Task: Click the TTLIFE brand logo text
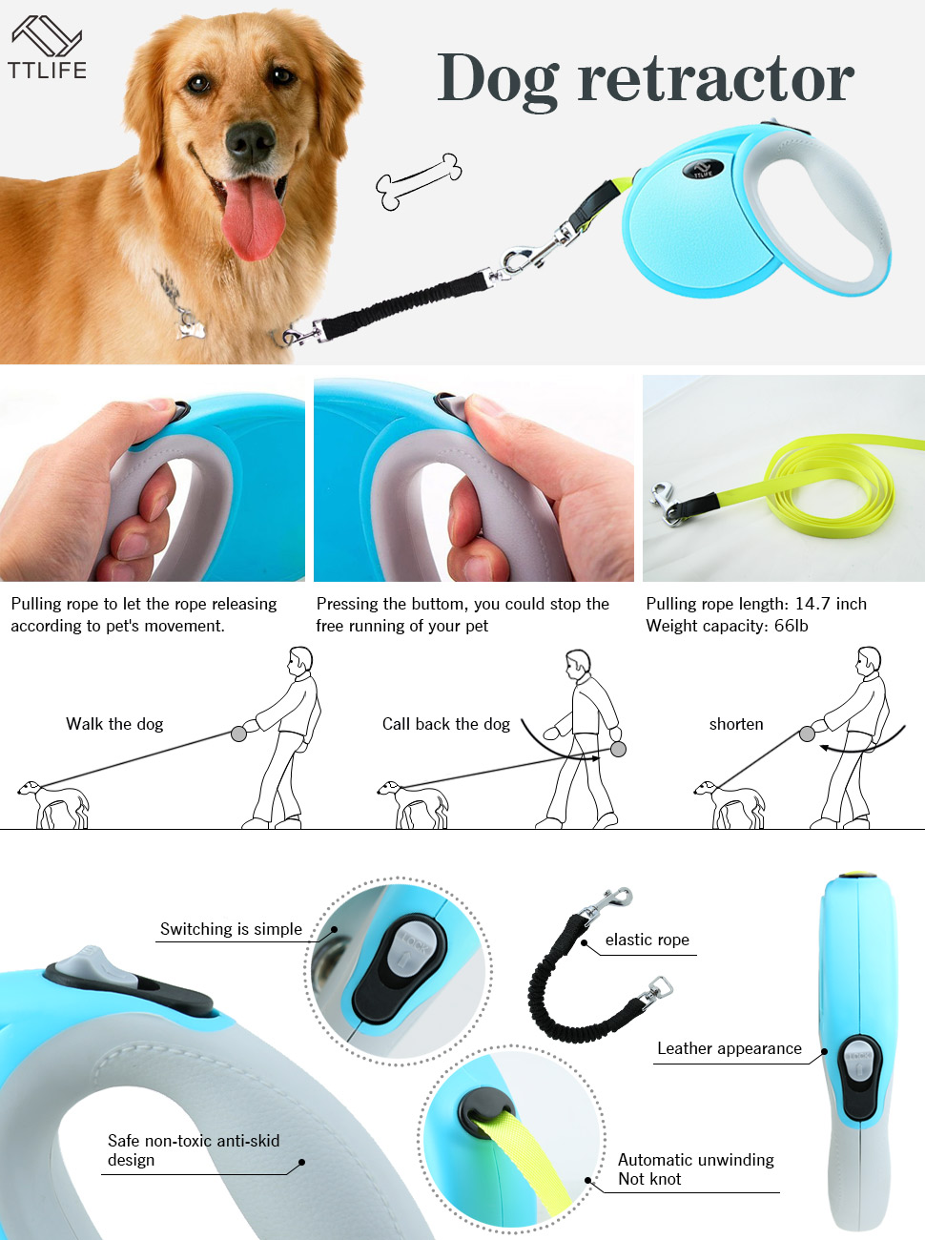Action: pos(47,70)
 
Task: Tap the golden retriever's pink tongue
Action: pos(253,217)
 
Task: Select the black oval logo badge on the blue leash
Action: pos(703,170)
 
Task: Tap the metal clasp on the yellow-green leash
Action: pos(667,503)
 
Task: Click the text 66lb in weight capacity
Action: pos(791,626)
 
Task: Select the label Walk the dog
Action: pos(114,724)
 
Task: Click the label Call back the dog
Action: pos(445,724)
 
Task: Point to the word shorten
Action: pos(736,724)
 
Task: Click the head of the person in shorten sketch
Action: pos(869,660)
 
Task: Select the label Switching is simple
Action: pos(231,929)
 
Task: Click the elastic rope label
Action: pos(647,940)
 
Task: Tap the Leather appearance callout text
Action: pos(729,1048)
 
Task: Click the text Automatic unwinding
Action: pos(695,1160)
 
